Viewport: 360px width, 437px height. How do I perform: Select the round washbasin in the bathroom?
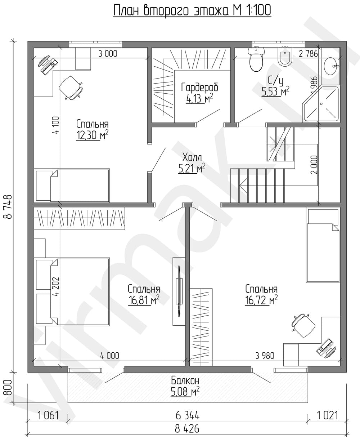click(x=331, y=66)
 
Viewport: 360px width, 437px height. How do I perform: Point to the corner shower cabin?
click(x=320, y=104)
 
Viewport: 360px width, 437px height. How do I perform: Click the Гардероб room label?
click(x=199, y=87)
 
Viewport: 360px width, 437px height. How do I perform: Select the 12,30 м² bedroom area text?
click(x=92, y=135)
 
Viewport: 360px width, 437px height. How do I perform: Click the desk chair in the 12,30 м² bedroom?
click(x=71, y=88)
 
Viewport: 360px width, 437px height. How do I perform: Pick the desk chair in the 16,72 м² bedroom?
click(x=303, y=325)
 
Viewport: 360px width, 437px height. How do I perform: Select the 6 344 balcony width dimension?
click(x=188, y=415)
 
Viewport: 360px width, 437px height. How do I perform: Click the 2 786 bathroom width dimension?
click(x=308, y=54)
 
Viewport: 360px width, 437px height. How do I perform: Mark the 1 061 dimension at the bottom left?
click(x=48, y=415)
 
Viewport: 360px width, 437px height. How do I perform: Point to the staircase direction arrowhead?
click(x=243, y=184)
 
